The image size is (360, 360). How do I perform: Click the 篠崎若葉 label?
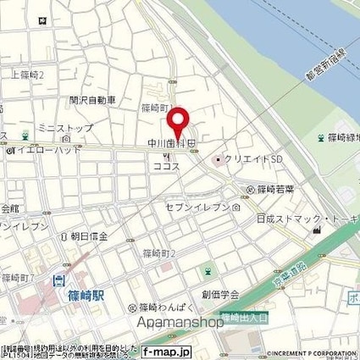click(x=276, y=190)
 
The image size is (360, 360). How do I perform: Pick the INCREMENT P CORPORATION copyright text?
click(x=313, y=352)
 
